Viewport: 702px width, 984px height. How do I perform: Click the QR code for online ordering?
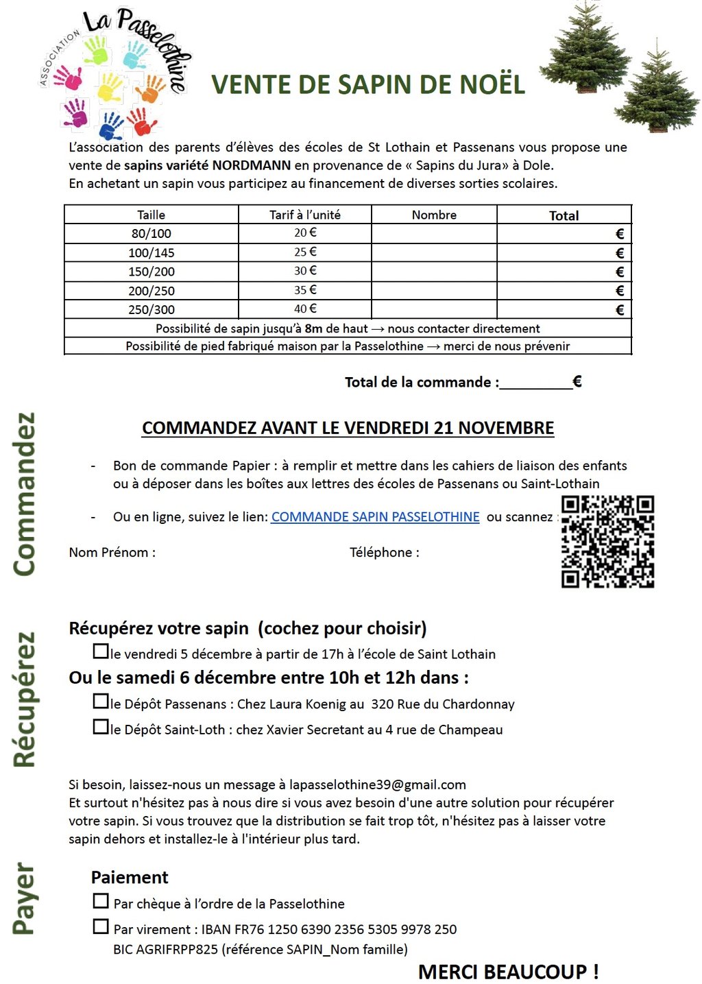coord(607,542)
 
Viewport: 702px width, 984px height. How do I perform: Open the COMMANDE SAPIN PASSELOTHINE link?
coord(375,517)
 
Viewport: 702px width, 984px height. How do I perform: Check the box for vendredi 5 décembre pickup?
coord(101,651)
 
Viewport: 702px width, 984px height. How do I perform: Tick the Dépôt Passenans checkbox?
coord(101,701)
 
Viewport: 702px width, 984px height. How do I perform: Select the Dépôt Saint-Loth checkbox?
coord(101,726)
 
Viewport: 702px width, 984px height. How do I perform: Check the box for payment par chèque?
coord(101,900)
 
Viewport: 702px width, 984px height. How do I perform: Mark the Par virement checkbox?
coord(101,926)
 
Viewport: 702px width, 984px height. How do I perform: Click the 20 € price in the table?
coord(305,233)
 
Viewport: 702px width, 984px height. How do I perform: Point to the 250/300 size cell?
coord(152,310)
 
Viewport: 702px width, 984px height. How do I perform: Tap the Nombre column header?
coord(434,215)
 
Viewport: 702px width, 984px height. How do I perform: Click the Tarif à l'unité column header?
coord(305,215)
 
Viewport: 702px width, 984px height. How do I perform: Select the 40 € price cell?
coord(305,309)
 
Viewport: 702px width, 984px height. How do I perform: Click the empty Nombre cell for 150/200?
coord(434,272)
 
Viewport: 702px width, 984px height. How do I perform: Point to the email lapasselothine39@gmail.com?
coord(377,784)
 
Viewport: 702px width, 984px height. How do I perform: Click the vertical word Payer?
coord(23,898)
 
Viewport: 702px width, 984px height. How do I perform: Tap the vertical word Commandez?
coord(23,494)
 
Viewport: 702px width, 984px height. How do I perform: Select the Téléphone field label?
coord(384,553)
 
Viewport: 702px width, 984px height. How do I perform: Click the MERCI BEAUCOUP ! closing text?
coord(508,972)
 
